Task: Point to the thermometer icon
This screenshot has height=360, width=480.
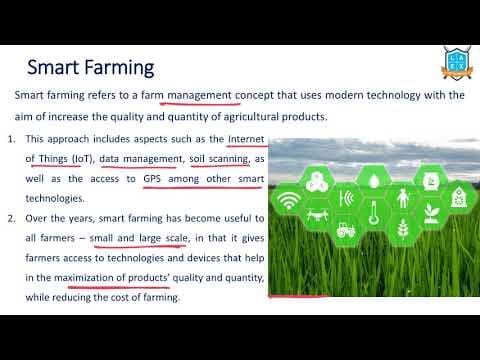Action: pyautogui.click(x=374, y=213)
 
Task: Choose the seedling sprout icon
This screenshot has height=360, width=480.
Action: pyautogui.click(x=432, y=213)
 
